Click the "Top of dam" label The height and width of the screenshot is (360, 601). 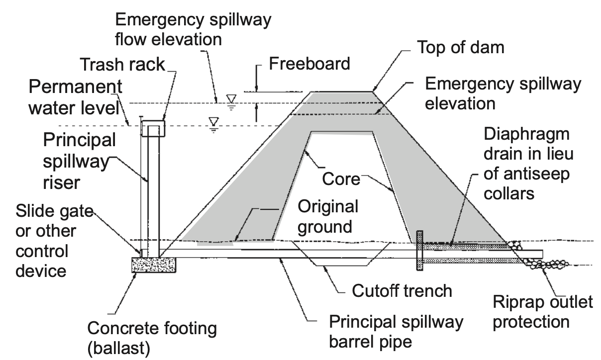[460, 47]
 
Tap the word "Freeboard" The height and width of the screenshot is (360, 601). [309, 64]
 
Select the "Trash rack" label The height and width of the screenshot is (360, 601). [122, 64]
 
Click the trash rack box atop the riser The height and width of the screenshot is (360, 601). [153, 128]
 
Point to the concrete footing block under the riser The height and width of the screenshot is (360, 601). [154, 265]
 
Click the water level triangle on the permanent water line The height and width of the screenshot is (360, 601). [213, 121]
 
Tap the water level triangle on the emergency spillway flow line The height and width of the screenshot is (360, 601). [231, 98]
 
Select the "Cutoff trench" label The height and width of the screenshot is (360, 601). [402, 291]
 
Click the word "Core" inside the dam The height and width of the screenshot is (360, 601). [341, 179]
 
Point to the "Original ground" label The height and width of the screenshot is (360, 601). [328, 217]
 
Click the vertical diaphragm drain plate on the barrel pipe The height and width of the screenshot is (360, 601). [419, 251]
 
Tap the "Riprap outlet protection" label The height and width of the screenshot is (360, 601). [542, 312]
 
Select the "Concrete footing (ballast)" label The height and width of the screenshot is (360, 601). [152, 338]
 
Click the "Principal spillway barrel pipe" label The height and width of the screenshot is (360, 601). [396, 332]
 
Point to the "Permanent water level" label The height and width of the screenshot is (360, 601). [76, 97]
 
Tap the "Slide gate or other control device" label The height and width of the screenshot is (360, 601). [54, 241]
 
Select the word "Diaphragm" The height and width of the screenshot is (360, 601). [526, 134]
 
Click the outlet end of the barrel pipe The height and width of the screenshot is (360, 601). [542, 254]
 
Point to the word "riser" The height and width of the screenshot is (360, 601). [61, 183]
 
